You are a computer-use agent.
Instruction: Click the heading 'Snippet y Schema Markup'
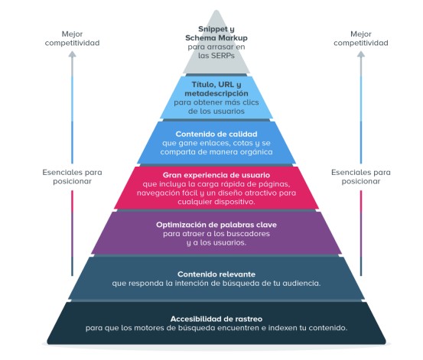(216, 34)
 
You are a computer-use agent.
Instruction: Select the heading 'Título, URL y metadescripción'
(216, 89)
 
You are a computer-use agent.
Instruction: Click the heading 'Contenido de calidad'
(216, 134)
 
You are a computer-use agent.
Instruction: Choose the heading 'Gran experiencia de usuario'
(216, 175)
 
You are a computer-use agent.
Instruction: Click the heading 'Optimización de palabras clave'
(216, 225)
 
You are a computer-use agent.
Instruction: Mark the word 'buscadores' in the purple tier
(248, 234)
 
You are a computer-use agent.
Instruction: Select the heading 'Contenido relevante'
(216, 274)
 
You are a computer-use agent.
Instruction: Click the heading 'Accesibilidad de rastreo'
(216, 319)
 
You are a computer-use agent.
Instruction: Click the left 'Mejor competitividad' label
(73, 38)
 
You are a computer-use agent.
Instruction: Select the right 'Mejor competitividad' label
(361, 38)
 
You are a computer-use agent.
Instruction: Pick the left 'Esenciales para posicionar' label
(73, 177)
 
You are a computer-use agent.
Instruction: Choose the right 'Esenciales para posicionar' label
(361, 177)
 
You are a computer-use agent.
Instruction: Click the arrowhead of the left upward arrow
(72, 54)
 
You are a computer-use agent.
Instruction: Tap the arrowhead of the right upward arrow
(361, 54)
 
